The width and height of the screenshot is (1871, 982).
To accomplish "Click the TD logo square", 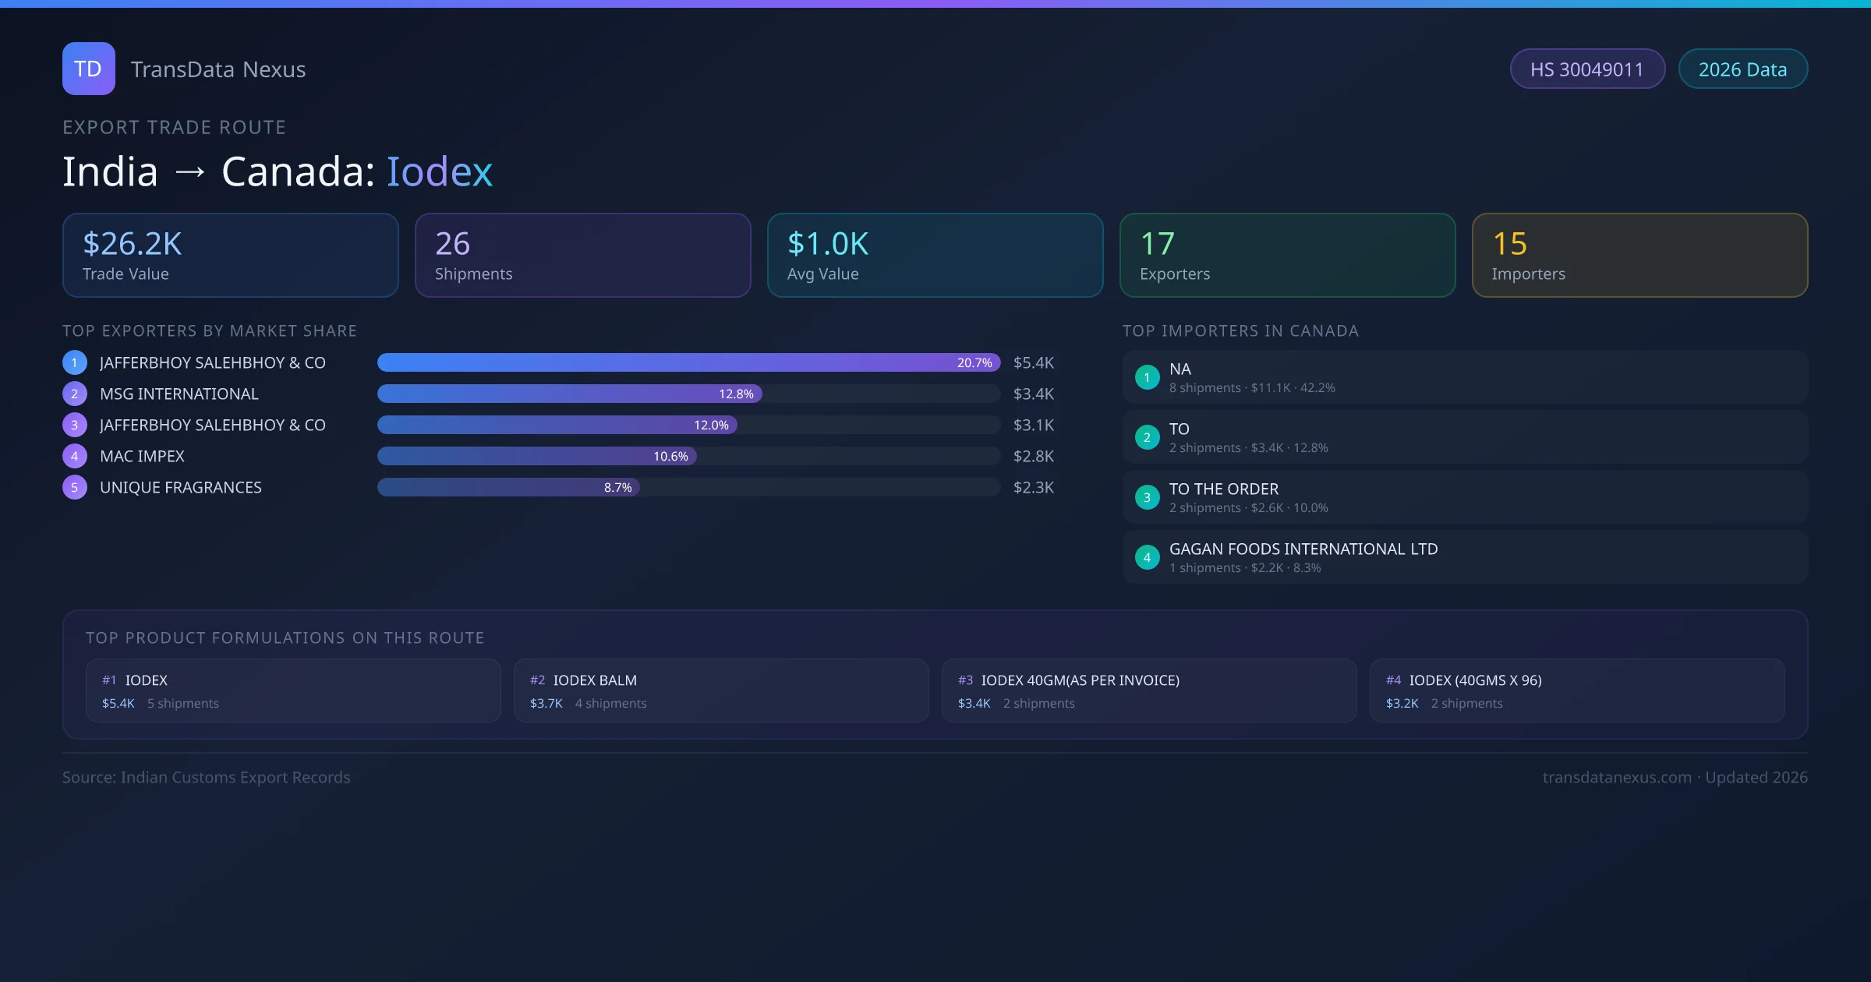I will tap(88, 69).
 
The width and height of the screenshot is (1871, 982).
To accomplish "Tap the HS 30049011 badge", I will tap(1586, 69).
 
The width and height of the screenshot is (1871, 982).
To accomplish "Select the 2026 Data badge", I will tap(1742, 69).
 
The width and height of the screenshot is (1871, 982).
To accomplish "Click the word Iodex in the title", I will tap(440, 171).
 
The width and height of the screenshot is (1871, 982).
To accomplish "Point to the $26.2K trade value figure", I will tap(132, 244).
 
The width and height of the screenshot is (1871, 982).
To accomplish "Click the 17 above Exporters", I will tap(1157, 244).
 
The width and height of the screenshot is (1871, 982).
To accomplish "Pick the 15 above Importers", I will tap(1509, 244).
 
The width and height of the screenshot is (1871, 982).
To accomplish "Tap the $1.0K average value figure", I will tap(827, 244).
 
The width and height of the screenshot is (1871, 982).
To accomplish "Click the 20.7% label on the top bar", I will tap(974, 363).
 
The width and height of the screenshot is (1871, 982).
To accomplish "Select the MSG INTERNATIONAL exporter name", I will tap(179, 394).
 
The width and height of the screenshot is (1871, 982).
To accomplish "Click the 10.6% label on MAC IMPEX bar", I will tap(670, 457).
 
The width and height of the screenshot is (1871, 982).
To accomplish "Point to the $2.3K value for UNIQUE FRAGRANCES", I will tap(1033, 488).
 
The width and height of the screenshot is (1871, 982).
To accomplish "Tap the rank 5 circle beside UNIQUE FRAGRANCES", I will tap(75, 488).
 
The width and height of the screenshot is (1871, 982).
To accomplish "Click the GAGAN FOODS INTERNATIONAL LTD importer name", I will tap(1303, 549).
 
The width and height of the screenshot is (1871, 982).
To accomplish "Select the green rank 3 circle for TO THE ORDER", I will tap(1147, 497).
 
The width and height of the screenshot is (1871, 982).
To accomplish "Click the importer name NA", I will tap(1180, 369).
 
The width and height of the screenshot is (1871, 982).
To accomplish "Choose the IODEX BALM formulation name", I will tap(595, 680).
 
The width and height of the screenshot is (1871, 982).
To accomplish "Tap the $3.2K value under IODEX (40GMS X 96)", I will tap(1402, 704).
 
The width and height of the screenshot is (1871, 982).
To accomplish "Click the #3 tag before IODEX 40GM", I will tap(965, 680).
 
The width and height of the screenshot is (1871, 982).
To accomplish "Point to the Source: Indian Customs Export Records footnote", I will tap(207, 778).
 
